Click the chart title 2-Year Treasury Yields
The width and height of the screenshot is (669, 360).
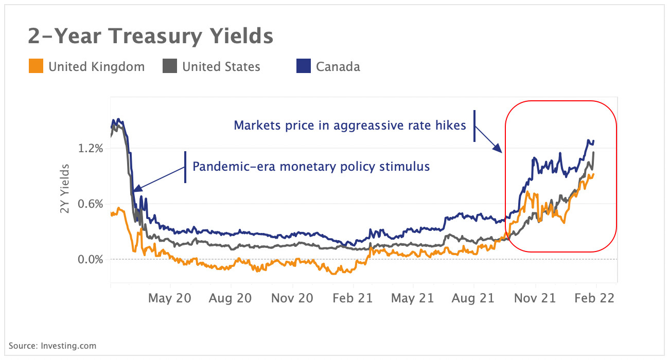pyautogui.click(x=150, y=37)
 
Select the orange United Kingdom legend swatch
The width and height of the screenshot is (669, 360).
pyautogui.click(x=36, y=66)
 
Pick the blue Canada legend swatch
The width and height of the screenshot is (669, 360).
pyautogui.click(x=304, y=66)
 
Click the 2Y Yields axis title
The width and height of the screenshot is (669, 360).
pyautogui.click(x=65, y=188)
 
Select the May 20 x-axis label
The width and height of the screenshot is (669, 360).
pyautogui.click(x=169, y=298)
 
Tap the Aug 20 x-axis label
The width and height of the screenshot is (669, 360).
pyautogui.click(x=231, y=298)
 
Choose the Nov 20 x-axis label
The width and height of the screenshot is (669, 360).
pyautogui.click(x=291, y=298)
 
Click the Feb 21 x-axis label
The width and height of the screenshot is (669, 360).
pyautogui.click(x=353, y=298)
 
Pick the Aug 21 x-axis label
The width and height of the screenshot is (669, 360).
pyautogui.click(x=473, y=298)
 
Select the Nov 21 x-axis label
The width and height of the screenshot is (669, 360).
pyautogui.click(x=535, y=298)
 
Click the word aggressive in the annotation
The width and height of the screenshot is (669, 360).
pyautogui.click(x=359, y=125)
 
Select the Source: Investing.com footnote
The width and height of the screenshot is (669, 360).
pyautogui.click(x=52, y=346)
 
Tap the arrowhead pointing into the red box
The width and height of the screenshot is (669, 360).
pyautogui.click(x=498, y=149)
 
